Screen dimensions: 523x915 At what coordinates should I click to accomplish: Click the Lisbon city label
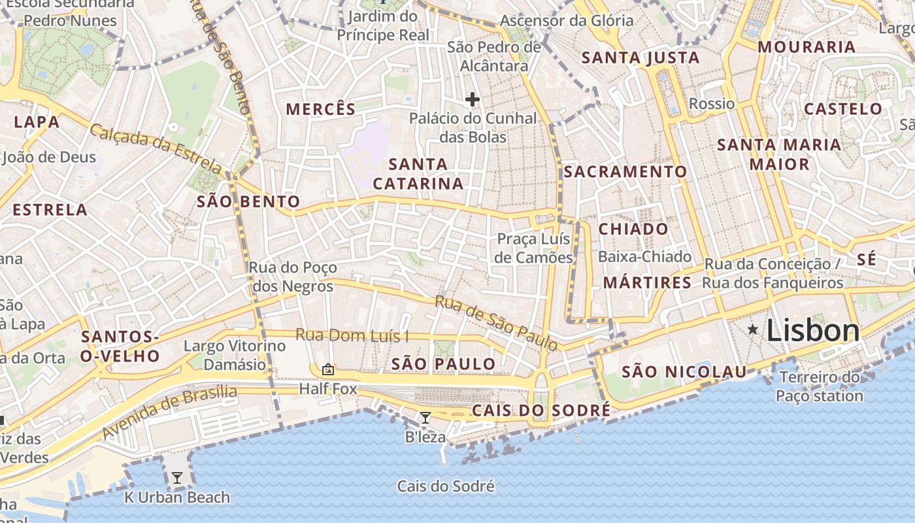click(812, 330)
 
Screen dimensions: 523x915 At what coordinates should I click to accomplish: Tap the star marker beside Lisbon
click(753, 329)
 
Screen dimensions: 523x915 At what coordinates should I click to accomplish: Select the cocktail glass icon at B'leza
click(425, 417)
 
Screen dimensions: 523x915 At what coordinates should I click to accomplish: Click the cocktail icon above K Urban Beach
click(176, 478)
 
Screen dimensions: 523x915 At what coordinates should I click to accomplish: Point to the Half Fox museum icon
click(328, 370)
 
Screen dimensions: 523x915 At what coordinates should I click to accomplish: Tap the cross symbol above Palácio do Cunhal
click(472, 99)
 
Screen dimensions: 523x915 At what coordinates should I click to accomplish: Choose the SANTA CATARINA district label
click(418, 174)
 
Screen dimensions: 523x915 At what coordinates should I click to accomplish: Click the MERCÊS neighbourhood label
click(321, 109)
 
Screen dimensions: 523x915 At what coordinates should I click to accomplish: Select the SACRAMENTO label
click(625, 172)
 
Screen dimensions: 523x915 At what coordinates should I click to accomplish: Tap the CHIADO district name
click(633, 229)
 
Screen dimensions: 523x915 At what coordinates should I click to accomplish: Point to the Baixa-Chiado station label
click(644, 256)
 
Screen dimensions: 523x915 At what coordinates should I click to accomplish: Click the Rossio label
click(712, 103)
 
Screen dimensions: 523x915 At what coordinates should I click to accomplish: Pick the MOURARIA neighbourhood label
click(807, 47)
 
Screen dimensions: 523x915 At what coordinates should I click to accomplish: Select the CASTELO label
click(842, 109)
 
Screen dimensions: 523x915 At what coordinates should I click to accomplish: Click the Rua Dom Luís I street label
click(352, 336)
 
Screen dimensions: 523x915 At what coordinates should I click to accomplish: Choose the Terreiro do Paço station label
click(820, 386)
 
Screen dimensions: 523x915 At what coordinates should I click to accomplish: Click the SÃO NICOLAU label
click(684, 372)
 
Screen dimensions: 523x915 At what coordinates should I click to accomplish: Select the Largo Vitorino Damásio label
click(235, 355)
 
